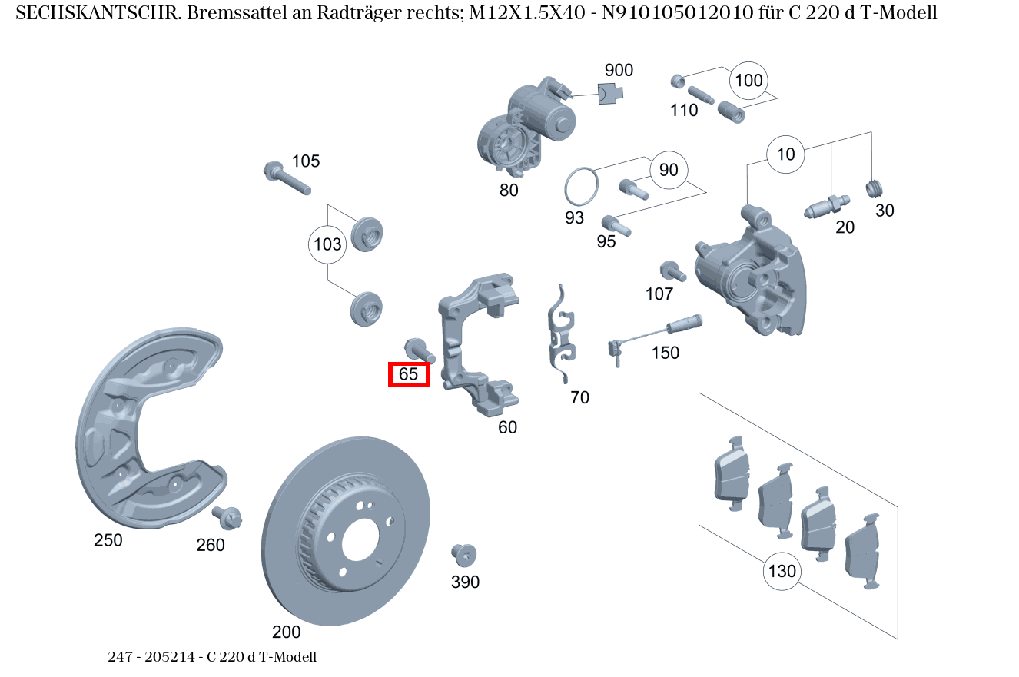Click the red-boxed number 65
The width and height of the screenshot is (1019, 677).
408,374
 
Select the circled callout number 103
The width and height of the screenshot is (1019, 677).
327,245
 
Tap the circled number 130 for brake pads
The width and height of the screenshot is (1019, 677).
782,571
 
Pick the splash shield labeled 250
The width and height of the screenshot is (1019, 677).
142,430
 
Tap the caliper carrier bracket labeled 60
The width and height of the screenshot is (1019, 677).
476,346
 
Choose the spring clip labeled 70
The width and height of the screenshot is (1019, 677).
561,334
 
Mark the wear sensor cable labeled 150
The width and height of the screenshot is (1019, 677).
653,334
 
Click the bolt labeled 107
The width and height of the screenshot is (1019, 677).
672,271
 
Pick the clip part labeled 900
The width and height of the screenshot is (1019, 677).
610,94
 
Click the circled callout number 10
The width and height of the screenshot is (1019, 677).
785,154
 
